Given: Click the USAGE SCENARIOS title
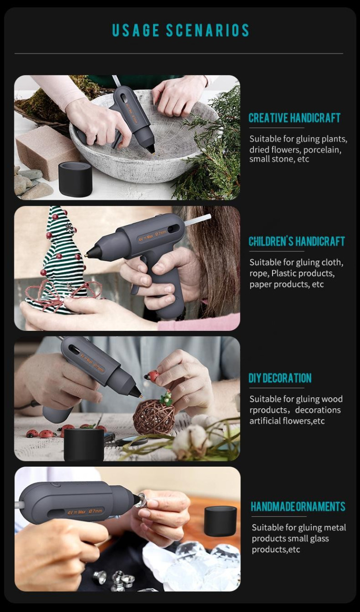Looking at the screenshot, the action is coord(181,30).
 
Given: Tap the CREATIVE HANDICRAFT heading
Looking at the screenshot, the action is coord(295,118).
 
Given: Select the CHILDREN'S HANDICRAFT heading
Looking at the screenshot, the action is coord(296,241).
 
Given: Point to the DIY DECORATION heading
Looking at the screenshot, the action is coord(280,378).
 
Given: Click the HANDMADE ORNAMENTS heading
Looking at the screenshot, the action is coord(298,506).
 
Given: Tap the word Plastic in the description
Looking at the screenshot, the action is coord(284,273).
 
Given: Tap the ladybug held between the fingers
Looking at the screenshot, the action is coord(153,376).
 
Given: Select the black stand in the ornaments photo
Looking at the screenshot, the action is coord(220,521).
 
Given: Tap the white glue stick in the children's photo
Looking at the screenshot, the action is coord(197,220).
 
